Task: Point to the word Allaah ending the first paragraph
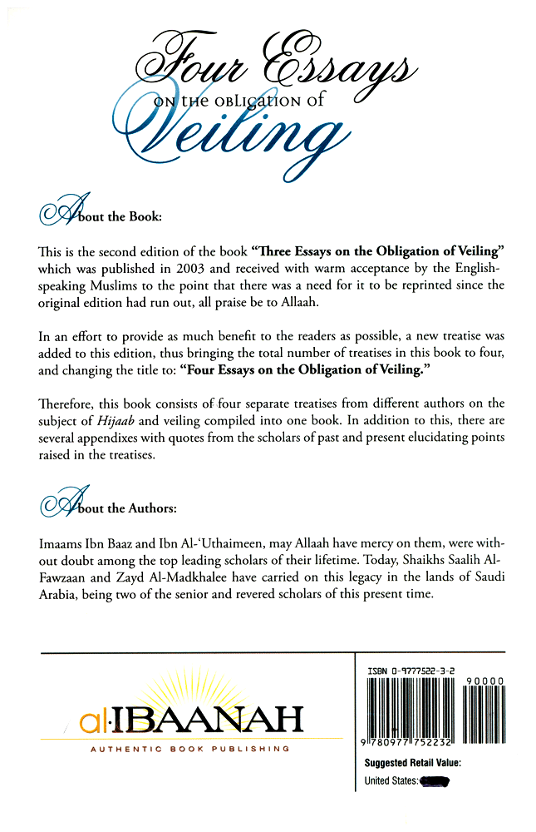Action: click(312, 301)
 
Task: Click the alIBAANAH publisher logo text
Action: click(191, 720)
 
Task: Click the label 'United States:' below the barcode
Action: click(391, 781)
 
